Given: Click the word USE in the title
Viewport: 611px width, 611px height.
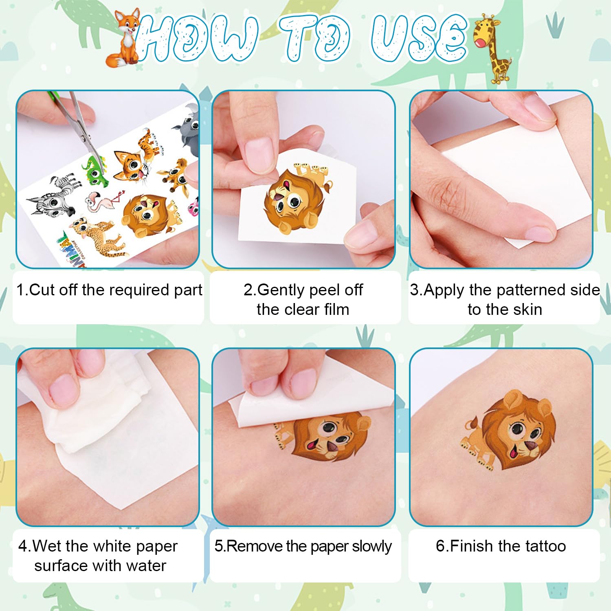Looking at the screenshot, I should tap(420, 39).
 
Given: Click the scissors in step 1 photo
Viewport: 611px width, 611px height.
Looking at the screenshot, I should tap(79, 122).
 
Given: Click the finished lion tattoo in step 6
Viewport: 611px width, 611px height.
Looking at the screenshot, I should tap(513, 432).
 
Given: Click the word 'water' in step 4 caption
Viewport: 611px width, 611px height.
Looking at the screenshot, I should tap(146, 566).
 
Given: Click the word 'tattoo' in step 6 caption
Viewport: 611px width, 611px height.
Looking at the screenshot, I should tap(545, 546).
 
